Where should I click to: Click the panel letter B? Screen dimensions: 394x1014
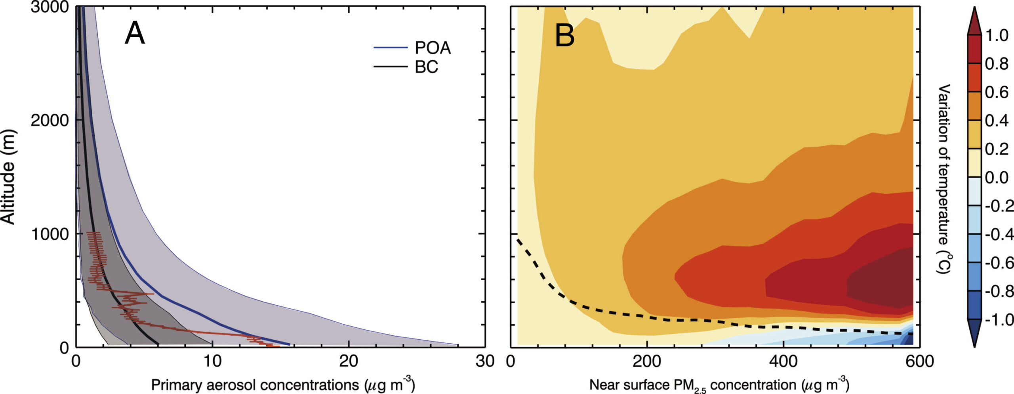[564, 35]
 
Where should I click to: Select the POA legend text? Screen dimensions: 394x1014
[433, 48]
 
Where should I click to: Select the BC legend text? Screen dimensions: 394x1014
[426, 67]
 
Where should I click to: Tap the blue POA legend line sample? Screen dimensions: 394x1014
[391, 48]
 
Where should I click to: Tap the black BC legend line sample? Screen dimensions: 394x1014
[391, 66]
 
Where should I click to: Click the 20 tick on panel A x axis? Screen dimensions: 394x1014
[349, 361]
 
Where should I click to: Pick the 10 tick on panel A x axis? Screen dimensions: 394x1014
[212, 361]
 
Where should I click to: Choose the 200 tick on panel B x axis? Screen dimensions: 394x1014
[647, 361]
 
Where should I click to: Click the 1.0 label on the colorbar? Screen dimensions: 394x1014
[997, 36]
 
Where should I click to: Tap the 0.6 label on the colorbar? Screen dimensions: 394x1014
[997, 92]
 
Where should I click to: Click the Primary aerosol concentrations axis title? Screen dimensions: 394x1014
[283, 385]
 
